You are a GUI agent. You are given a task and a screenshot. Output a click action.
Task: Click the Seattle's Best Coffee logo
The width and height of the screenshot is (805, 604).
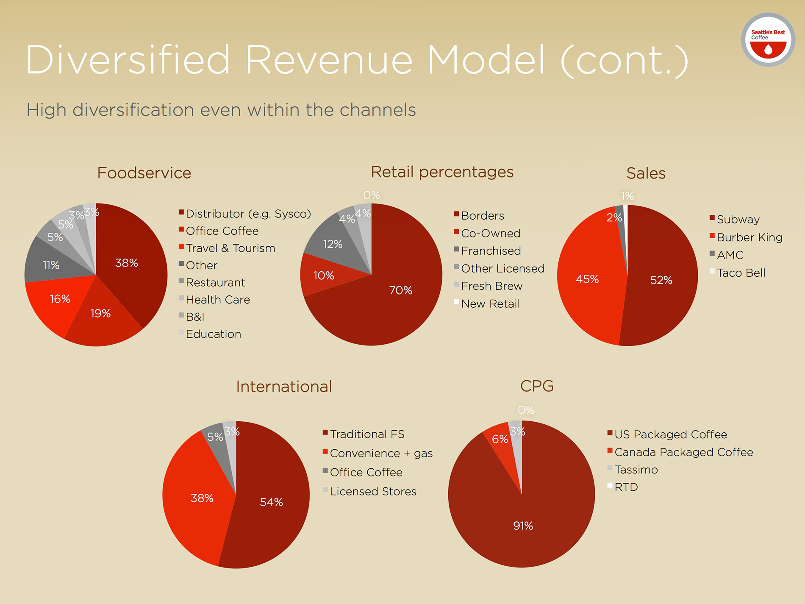[768, 39]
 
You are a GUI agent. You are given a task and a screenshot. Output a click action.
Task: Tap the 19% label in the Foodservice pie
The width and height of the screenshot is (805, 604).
[100, 314]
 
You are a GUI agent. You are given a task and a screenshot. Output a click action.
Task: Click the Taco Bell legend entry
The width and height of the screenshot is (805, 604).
[741, 273]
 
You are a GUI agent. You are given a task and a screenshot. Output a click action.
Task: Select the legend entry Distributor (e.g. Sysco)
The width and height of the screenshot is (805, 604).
[248, 214]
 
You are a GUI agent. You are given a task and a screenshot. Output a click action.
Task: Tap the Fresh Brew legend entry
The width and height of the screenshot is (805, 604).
[491, 286]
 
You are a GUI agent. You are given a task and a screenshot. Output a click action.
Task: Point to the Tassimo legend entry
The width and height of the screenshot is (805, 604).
[636, 470]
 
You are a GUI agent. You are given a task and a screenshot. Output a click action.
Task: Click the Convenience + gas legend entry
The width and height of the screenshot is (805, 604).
[381, 453]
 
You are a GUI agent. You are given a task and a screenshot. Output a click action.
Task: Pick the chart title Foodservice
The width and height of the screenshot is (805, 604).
[144, 173]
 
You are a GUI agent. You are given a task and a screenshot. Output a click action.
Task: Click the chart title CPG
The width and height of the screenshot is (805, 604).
[537, 386]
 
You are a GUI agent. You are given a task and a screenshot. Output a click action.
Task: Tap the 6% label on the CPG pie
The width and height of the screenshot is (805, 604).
[500, 439]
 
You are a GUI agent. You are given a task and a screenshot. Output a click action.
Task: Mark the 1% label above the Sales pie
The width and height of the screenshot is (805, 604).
[627, 196]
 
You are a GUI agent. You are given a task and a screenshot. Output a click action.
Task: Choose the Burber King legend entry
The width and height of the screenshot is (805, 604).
[749, 237]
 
